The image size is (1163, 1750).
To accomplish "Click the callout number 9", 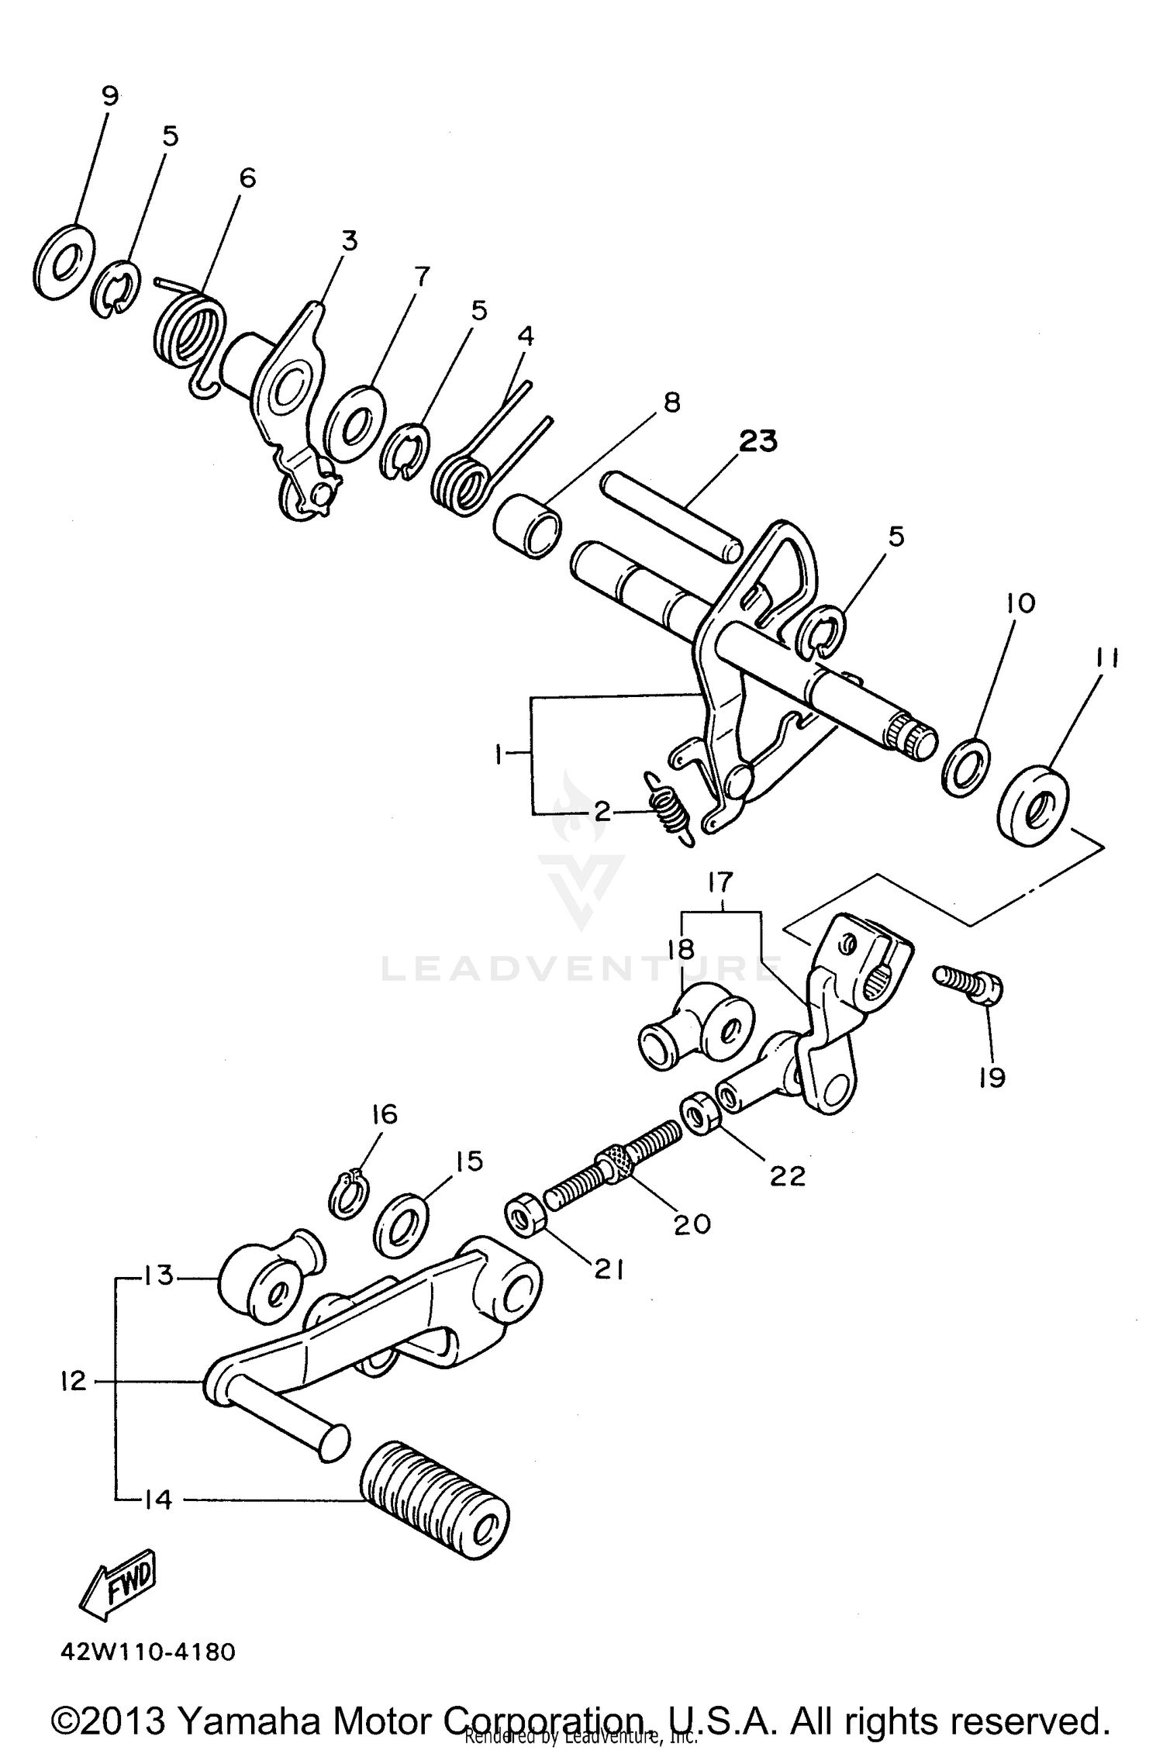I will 110,96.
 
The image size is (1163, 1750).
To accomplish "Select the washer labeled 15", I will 401,1224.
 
